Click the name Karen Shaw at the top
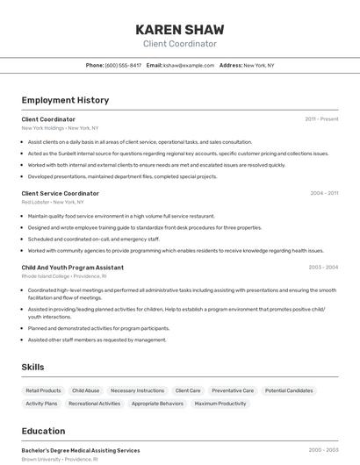pyautogui.click(x=179, y=29)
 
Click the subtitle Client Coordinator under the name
pyautogui.click(x=179, y=44)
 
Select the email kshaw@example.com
pyautogui.click(x=189, y=65)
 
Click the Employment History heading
pyautogui.click(x=65, y=101)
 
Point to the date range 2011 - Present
pyautogui.click(x=321, y=118)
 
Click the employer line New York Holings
pyautogui.click(x=60, y=128)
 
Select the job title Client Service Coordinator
pyautogui.click(x=60, y=193)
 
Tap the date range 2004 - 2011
pyautogui.click(x=324, y=193)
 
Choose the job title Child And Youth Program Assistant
pyautogui.click(x=72, y=267)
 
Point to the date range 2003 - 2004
pyautogui.click(x=323, y=267)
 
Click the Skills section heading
pyautogui.click(x=32, y=367)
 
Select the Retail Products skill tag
pyautogui.click(x=43, y=390)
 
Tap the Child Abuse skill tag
pyautogui.click(x=86, y=390)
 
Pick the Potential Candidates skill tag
pyautogui.click(x=289, y=390)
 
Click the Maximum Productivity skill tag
pyautogui.click(x=220, y=404)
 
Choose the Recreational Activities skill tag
pyautogui.click(x=95, y=404)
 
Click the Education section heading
pyautogui.click(x=43, y=431)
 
